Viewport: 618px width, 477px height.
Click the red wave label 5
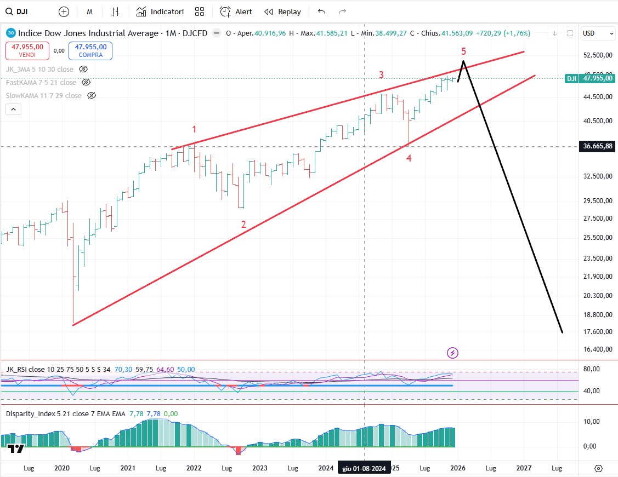[463, 51]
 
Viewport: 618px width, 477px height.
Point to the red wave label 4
[409, 158]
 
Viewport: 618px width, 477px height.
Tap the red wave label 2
[243, 224]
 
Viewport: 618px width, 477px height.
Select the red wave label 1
[194, 129]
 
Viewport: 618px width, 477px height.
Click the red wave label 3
[381, 75]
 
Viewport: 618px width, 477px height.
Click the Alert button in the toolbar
[236, 12]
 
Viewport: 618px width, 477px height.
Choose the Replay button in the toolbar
[283, 12]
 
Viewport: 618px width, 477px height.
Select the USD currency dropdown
[598, 33]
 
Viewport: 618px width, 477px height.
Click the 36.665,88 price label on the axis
[597, 146]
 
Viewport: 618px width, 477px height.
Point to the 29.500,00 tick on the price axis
[597, 200]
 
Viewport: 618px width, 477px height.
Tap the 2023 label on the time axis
[259, 468]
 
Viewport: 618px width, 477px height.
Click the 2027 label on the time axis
[524, 468]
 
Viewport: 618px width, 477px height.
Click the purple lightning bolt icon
[452, 353]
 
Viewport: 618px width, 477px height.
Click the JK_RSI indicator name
[18, 370]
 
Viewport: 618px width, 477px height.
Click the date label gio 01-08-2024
[364, 468]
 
